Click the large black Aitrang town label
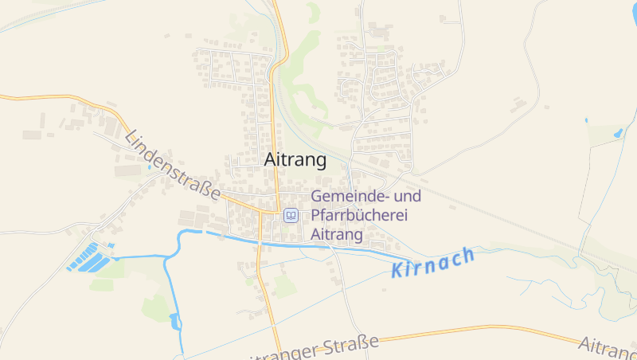(295, 160)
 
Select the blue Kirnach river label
(434, 262)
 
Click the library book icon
(291, 215)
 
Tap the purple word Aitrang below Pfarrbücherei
(337, 235)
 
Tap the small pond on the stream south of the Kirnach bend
(174, 321)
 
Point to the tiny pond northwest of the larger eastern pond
(586, 120)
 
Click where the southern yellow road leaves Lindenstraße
(261, 213)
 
